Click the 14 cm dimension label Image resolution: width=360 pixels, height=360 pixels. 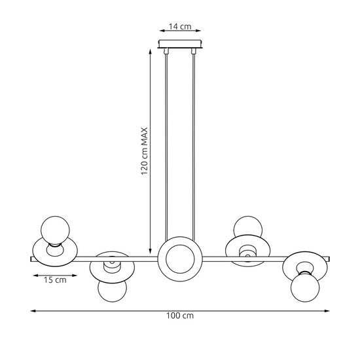point(179,27)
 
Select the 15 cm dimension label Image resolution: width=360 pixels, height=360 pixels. point(55,280)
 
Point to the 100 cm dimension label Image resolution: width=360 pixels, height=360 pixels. point(180,315)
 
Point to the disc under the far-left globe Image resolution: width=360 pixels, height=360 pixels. point(54,252)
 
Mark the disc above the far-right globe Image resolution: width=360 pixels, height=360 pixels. point(305,263)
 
